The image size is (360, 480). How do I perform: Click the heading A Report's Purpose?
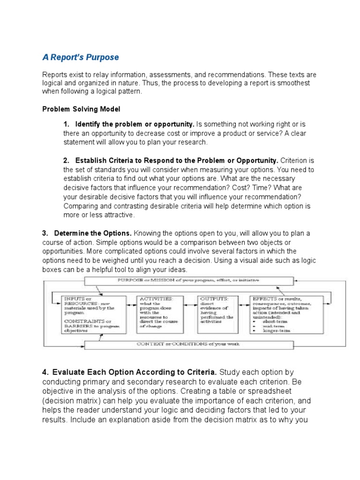(x=81, y=57)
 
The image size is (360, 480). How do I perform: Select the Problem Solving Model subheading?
(x=81, y=109)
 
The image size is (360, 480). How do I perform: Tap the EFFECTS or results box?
(x=286, y=314)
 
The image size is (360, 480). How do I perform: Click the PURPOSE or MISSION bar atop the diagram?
(x=186, y=280)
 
